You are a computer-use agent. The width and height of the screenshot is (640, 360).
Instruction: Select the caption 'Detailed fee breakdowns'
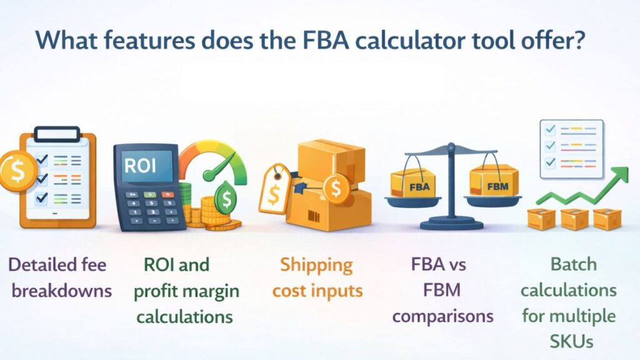click(60, 277)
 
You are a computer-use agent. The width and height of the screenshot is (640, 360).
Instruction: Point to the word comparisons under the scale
click(442, 316)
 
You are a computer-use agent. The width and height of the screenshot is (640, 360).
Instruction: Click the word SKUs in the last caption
click(569, 342)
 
